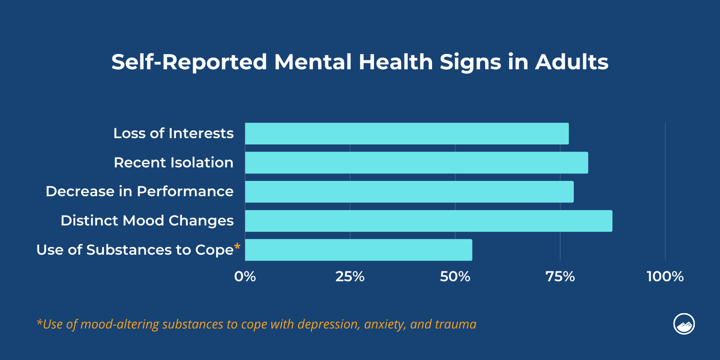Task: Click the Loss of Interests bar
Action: (407, 134)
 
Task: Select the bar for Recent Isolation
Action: (416, 162)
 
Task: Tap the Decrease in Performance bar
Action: (409, 192)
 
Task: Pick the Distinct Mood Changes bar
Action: (428, 221)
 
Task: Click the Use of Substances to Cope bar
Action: (358, 250)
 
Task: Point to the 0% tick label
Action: (245, 276)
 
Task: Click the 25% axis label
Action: (350, 276)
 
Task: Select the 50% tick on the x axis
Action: (455, 276)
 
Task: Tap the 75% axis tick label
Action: (560, 276)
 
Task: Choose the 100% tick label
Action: (665, 276)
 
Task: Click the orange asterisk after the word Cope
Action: (238, 246)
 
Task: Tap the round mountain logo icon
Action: (684, 324)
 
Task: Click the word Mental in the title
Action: (313, 62)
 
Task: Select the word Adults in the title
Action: (571, 62)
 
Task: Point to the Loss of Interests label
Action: (173, 134)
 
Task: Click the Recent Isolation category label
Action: (173, 162)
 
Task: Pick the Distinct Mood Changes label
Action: (147, 221)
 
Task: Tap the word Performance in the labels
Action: (185, 192)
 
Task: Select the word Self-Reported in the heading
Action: (189, 62)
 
